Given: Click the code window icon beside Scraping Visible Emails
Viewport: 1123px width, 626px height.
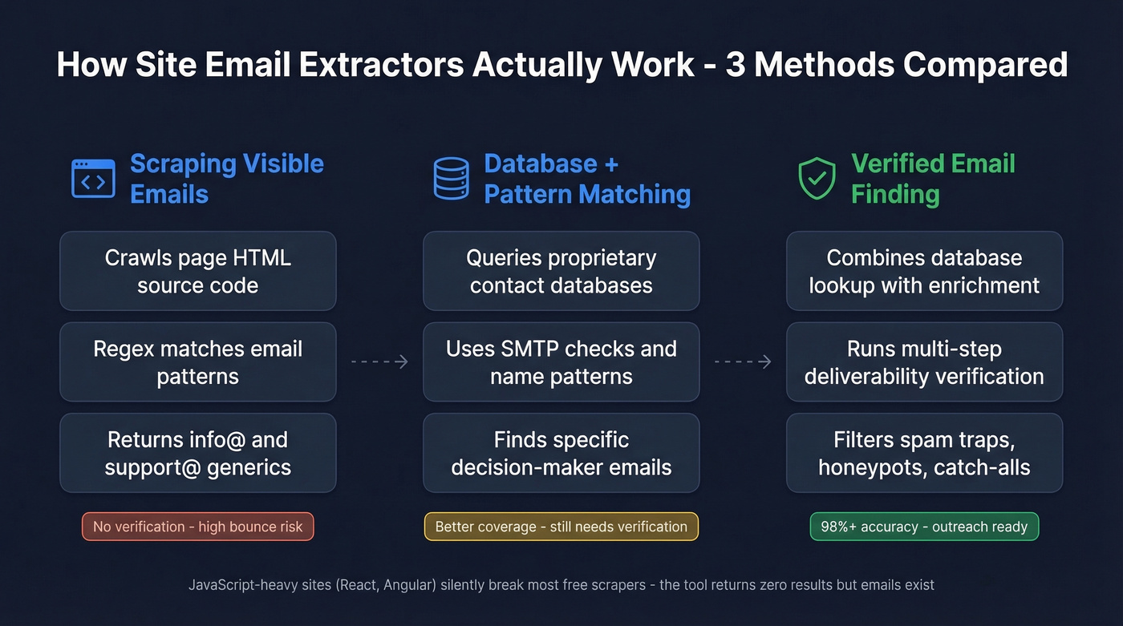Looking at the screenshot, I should (93, 179).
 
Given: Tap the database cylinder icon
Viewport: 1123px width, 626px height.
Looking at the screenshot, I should (451, 179).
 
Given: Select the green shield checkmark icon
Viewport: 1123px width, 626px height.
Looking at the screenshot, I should (817, 179).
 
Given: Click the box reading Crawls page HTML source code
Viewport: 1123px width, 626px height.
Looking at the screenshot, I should (197, 271).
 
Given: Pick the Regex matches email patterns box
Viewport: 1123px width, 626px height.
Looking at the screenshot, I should (197, 362).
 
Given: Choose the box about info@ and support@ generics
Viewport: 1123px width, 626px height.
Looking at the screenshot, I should (197, 453).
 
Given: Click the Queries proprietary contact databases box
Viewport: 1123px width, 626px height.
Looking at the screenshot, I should (561, 271).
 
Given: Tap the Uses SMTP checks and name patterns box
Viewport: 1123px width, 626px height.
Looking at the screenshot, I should (561, 362).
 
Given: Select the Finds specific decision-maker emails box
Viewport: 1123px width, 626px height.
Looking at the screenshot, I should (561, 453).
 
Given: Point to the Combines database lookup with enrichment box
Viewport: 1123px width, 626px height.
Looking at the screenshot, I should (924, 271).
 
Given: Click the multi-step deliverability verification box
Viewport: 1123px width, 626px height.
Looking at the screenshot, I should (924, 362).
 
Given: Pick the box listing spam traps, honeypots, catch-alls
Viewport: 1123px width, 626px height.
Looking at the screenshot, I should (924, 453).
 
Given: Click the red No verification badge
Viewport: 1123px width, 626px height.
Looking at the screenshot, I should (197, 527).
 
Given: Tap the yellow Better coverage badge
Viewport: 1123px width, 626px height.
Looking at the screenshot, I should (561, 527).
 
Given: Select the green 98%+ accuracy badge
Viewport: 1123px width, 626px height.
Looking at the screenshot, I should (924, 527).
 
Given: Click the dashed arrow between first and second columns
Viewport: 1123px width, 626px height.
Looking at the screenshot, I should (379, 362).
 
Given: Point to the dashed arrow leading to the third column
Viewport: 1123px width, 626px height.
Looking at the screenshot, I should (743, 362).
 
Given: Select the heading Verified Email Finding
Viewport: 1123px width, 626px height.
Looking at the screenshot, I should (932, 179).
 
